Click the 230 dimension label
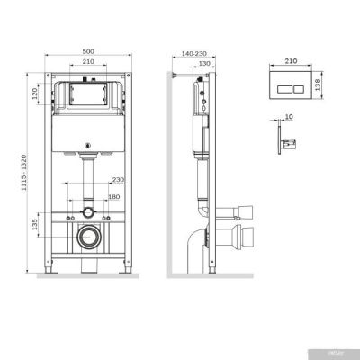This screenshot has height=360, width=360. (117, 178)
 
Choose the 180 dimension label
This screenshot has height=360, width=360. (113, 195)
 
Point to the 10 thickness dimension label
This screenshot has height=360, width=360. (290, 117)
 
